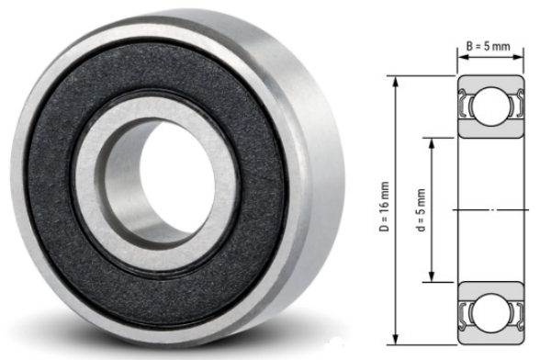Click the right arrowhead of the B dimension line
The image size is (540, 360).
(x=521, y=54)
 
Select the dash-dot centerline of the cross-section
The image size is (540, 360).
(x=491, y=210)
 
